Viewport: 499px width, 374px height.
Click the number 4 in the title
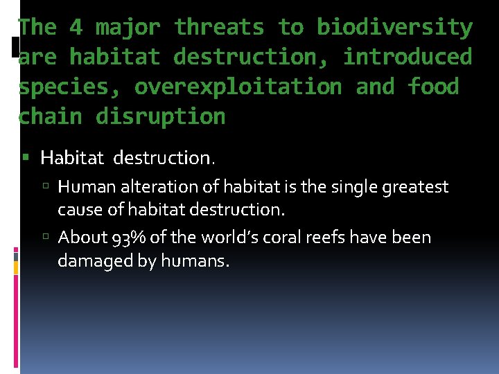(x=76, y=28)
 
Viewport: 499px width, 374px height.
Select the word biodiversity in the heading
(x=395, y=28)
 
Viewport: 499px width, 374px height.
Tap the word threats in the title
(x=219, y=28)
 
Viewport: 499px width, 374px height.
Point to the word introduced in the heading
(x=408, y=57)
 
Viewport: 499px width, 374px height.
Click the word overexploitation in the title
(x=238, y=87)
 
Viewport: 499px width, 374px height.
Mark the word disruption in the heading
(x=161, y=117)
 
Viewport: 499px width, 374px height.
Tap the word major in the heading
(x=128, y=28)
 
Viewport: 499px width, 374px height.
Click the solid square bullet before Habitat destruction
(x=28, y=159)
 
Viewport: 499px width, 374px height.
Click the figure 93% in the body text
(x=128, y=238)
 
